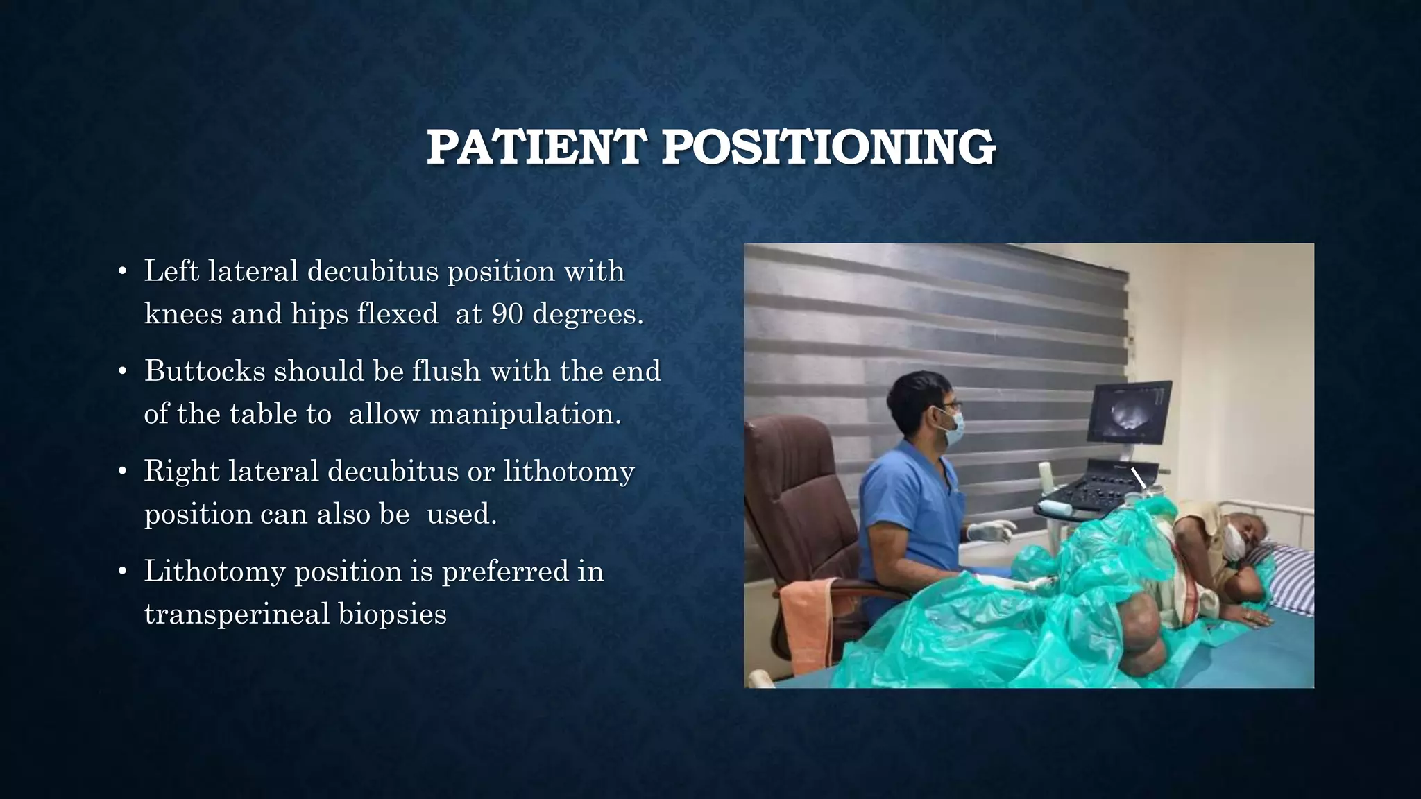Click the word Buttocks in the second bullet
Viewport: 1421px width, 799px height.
click(205, 371)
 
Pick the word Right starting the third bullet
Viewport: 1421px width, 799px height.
click(181, 472)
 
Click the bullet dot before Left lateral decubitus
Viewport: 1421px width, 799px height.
click(122, 271)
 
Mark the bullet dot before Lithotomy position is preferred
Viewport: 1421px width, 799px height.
click(122, 572)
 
